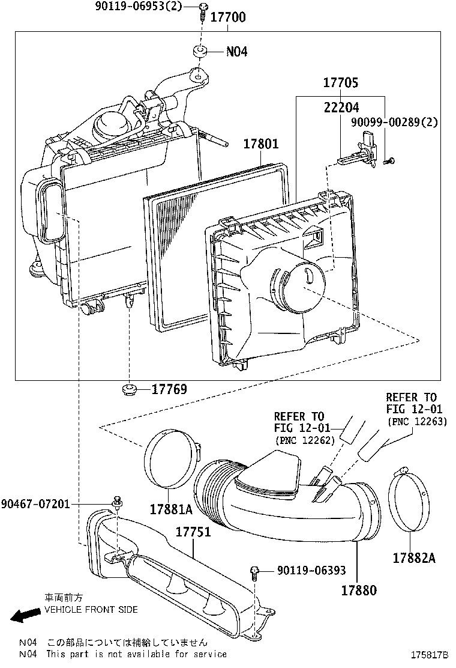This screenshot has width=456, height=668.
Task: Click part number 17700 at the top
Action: pos(227,17)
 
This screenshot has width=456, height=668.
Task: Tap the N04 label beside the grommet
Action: pos(236,52)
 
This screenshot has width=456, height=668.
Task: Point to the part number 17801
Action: pos(261,144)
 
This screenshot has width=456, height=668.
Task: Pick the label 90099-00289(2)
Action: pos(395,122)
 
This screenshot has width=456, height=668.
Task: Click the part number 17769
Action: pos(169,390)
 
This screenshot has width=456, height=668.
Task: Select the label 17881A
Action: pos(171,509)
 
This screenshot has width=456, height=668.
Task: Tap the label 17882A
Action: pos(414,558)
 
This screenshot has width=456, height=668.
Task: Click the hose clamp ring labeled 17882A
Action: pos(410,501)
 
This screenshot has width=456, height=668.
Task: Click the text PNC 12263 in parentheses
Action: pos(416,421)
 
